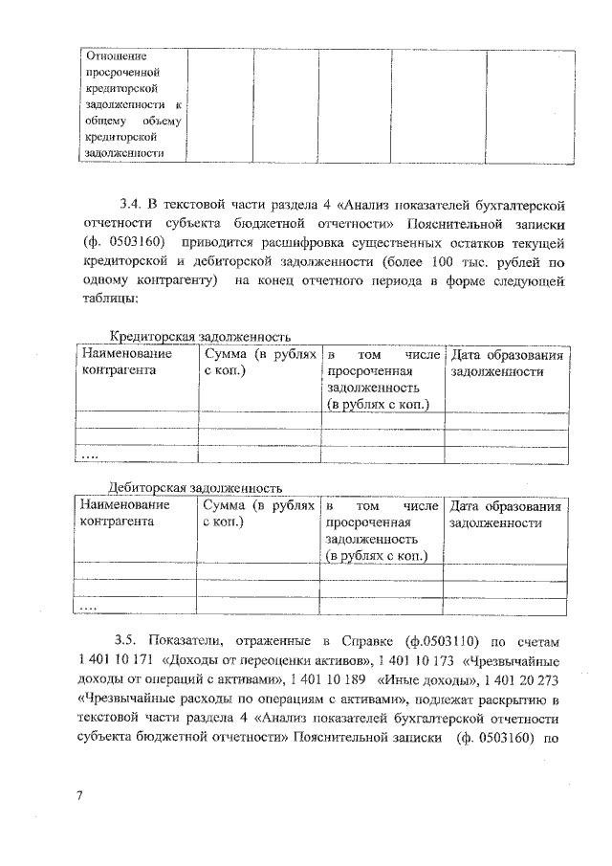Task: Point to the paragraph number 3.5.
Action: pos(126,640)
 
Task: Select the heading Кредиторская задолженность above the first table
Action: pos(200,337)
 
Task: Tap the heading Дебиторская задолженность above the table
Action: pos(195,487)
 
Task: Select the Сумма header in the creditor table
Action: pos(259,363)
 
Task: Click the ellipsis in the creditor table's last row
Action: pos(89,455)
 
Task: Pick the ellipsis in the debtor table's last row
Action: pos(89,606)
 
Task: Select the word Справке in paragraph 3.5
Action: pos(377,640)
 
